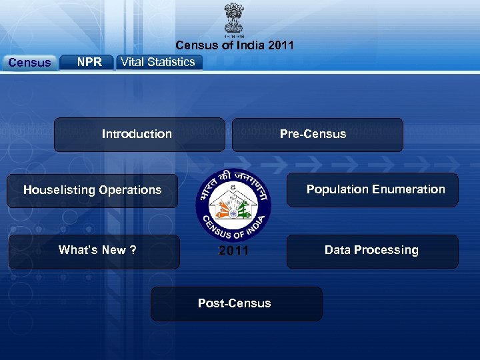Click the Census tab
pyautogui.click(x=29, y=63)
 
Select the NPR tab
pyautogui.click(x=89, y=62)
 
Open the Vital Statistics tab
pyautogui.click(x=158, y=62)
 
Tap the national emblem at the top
pyautogui.click(x=234, y=18)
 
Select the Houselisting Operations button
pyautogui.click(x=92, y=191)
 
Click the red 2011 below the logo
pyautogui.click(x=233, y=251)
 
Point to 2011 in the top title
pyautogui.click(x=280, y=45)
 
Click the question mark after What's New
pyautogui.click(x=133, y=250)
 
